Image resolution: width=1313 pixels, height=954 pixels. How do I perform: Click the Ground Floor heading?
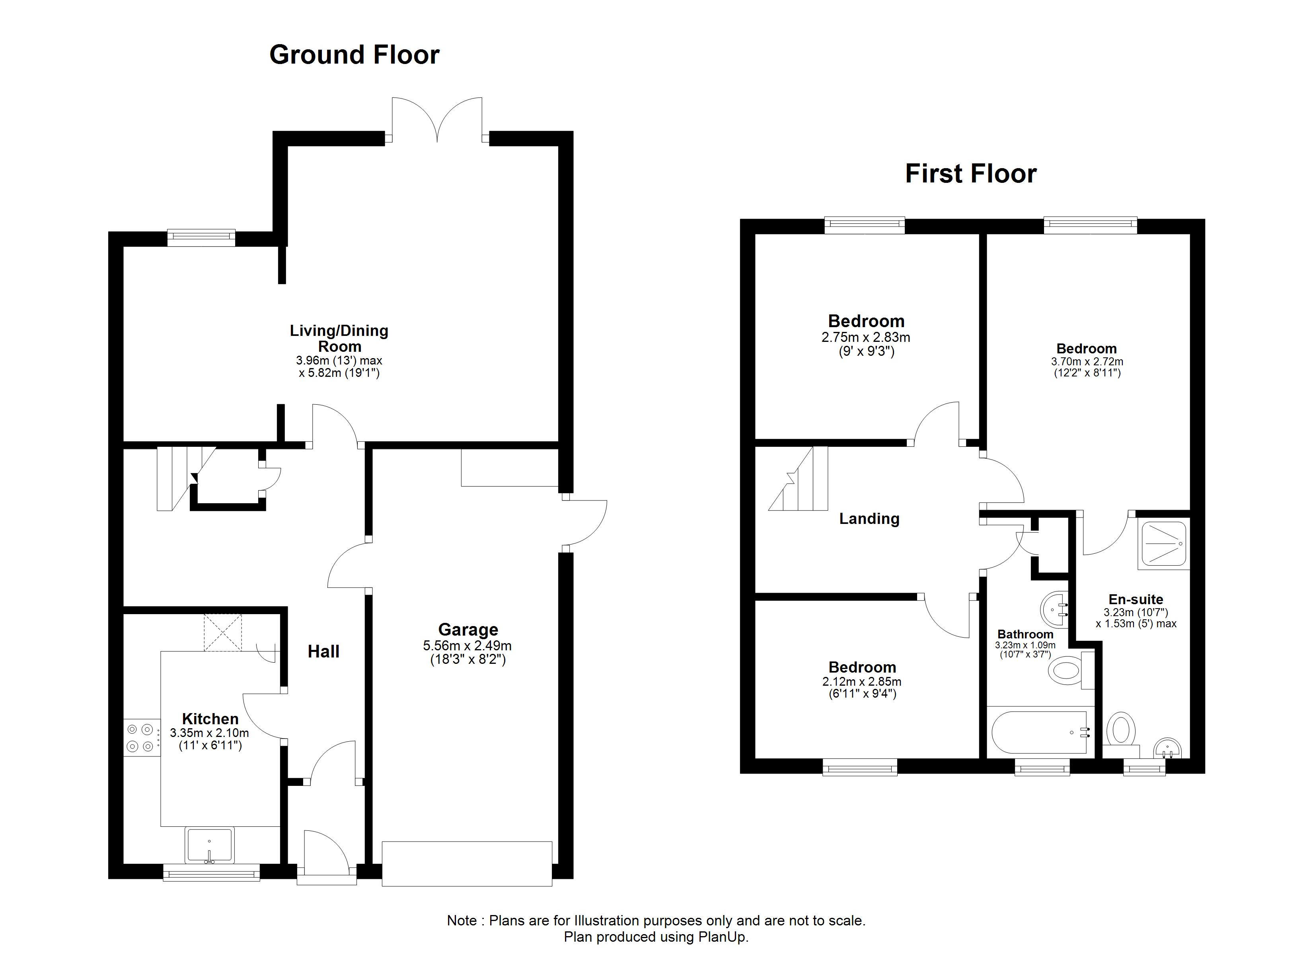tap(354, 55)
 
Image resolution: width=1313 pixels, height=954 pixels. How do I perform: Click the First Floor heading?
tap(971, 174)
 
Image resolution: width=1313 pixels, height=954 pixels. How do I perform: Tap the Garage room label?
tap(468, 630)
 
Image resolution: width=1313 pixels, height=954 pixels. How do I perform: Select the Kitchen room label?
tap(210, 719)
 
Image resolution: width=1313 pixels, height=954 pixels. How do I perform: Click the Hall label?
tap(323, 652)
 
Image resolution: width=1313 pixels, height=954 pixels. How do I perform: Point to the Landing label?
tap(869, 518)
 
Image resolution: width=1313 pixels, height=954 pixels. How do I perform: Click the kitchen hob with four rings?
tap(142, 738)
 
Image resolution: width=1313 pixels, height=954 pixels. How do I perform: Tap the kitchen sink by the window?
tap(210, 845)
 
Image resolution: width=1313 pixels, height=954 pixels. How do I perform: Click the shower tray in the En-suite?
tap(1163, 544)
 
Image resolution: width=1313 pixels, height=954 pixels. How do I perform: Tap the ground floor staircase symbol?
tap(179, 477)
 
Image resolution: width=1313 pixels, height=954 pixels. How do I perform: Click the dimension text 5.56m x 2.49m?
tap(467, 646)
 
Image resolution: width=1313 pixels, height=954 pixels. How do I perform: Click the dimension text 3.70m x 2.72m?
tap(1087, 362)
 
